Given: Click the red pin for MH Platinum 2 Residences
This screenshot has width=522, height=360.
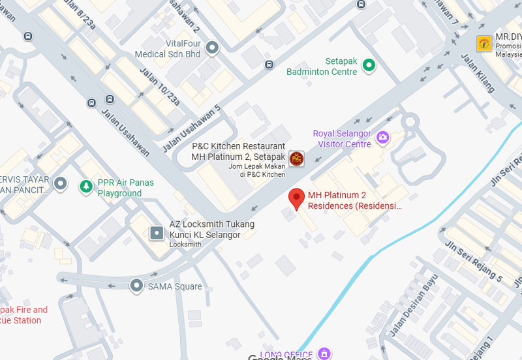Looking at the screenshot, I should pyautogui.click(x=297, y=198).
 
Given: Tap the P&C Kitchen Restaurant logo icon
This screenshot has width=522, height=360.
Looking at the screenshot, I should pyautogui.click(x=297, y=158).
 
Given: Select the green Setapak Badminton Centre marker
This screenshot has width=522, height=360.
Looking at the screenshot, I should pyautogui.click(x=369, y=65).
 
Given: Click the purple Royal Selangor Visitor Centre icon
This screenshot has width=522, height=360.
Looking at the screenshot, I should pyautogui.click(x=382, y=137).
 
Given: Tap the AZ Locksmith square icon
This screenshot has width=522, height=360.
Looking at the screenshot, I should pyautogui.click(x=157, y=233).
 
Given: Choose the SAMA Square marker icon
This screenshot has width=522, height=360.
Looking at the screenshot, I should pyautogui.click(x=136, y=286).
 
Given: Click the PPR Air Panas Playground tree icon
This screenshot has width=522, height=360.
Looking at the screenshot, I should pyautogui.click(x=85, y=187).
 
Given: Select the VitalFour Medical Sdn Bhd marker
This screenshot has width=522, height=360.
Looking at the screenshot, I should pyautogui.click(x=211, y=48).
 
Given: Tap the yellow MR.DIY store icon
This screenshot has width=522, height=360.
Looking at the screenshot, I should pyautogui.click(x=484, y=44).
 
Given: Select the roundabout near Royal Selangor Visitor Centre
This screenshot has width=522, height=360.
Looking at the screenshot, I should pyautogui.click(x=410, y=122).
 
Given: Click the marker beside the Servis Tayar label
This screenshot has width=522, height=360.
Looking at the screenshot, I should pyautogui.click(x=61, y=184).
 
